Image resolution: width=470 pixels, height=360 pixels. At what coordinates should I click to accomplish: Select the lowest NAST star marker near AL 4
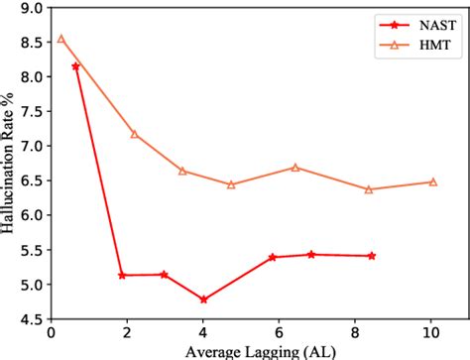click(x=203, y=299)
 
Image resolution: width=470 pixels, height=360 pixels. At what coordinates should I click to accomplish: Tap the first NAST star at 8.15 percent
click(x=75, y=65)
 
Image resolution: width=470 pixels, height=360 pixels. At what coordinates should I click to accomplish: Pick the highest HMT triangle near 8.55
click(x=60, y=39)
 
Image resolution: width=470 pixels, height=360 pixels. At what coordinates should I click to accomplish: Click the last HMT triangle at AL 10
click(x=432, y=181)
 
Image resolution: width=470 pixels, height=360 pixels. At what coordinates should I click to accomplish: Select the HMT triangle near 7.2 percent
click(x=134, y=134)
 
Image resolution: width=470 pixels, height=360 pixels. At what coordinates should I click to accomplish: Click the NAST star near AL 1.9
click(x=122, y=275)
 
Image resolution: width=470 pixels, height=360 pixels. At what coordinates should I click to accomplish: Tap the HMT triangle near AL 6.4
click(x=295, y=168)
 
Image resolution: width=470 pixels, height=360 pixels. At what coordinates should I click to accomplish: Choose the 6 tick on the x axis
click(x=280, y=332)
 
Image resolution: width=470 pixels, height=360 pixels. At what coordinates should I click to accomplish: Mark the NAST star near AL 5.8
click(x=273, y=257)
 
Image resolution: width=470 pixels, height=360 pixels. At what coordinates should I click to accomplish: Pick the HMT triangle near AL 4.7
click(x=231, y=184)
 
